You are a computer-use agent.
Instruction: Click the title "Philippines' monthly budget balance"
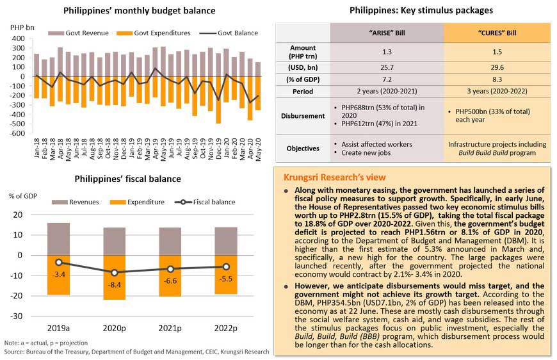click(x=139, y=11)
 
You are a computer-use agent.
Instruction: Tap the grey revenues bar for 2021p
click(x=170, y=241)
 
